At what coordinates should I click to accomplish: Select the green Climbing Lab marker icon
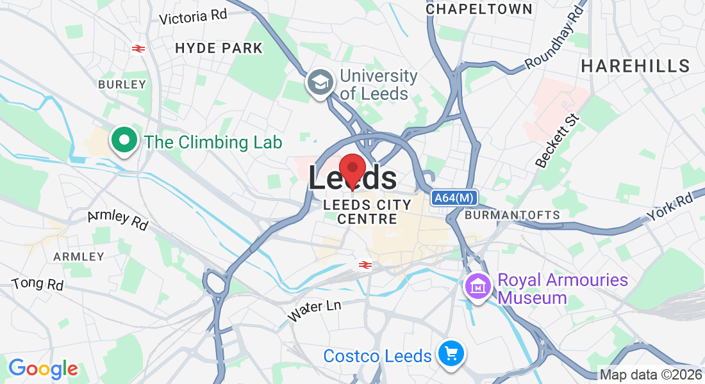(x=124, y=140)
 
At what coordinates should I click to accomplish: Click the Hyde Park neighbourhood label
(x=219, y=48)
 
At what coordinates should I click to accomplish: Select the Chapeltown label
(x=479, y=9)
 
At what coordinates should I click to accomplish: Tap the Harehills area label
(x=635, y=65)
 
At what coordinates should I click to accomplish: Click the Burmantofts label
(x=512, y=215)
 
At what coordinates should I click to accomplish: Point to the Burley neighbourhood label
(x=122, y=84)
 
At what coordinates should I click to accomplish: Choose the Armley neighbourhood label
(x=78, y=256)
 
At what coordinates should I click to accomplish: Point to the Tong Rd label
(x=38, y=283)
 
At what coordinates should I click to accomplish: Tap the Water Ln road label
(x=314, y=310)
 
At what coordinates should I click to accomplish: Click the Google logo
(x=43, y=369)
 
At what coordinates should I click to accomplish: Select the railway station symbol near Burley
(x=137, y=48)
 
